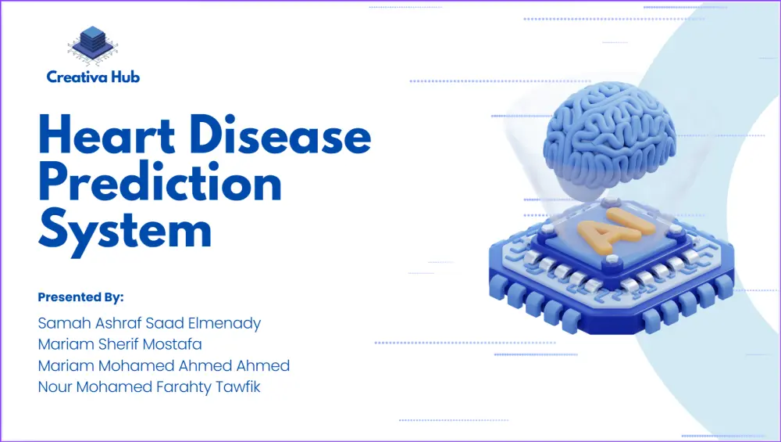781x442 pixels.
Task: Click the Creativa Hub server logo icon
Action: point(93,46)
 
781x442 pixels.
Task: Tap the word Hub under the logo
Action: point(126,77)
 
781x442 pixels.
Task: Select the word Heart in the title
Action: point(106,134)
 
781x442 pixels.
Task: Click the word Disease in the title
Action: point(281,134)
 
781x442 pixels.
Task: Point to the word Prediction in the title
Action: point(160,181)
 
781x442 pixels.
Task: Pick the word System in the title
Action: point(125,228)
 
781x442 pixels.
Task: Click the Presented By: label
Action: point(80,297)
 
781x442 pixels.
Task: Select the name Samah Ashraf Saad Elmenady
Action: point(149,323)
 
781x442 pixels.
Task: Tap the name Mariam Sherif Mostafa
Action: point(120,344)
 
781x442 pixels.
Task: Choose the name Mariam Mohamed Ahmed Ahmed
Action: point(164,365)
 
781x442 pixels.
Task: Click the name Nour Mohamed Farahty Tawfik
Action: point(149,387)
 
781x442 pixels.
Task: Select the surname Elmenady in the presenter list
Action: point(224,323)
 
